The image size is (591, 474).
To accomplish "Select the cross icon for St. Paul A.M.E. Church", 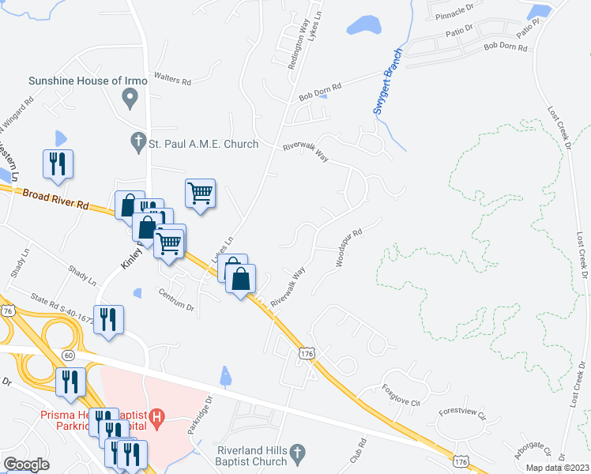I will [137, 143].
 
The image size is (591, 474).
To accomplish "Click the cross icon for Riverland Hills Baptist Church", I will [297, 453].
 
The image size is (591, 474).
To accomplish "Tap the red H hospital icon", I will [156, 416].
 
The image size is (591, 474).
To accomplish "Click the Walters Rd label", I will [175, 81].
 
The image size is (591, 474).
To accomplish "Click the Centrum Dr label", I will [176, 301].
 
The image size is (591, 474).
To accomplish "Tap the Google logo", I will [26, 464].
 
